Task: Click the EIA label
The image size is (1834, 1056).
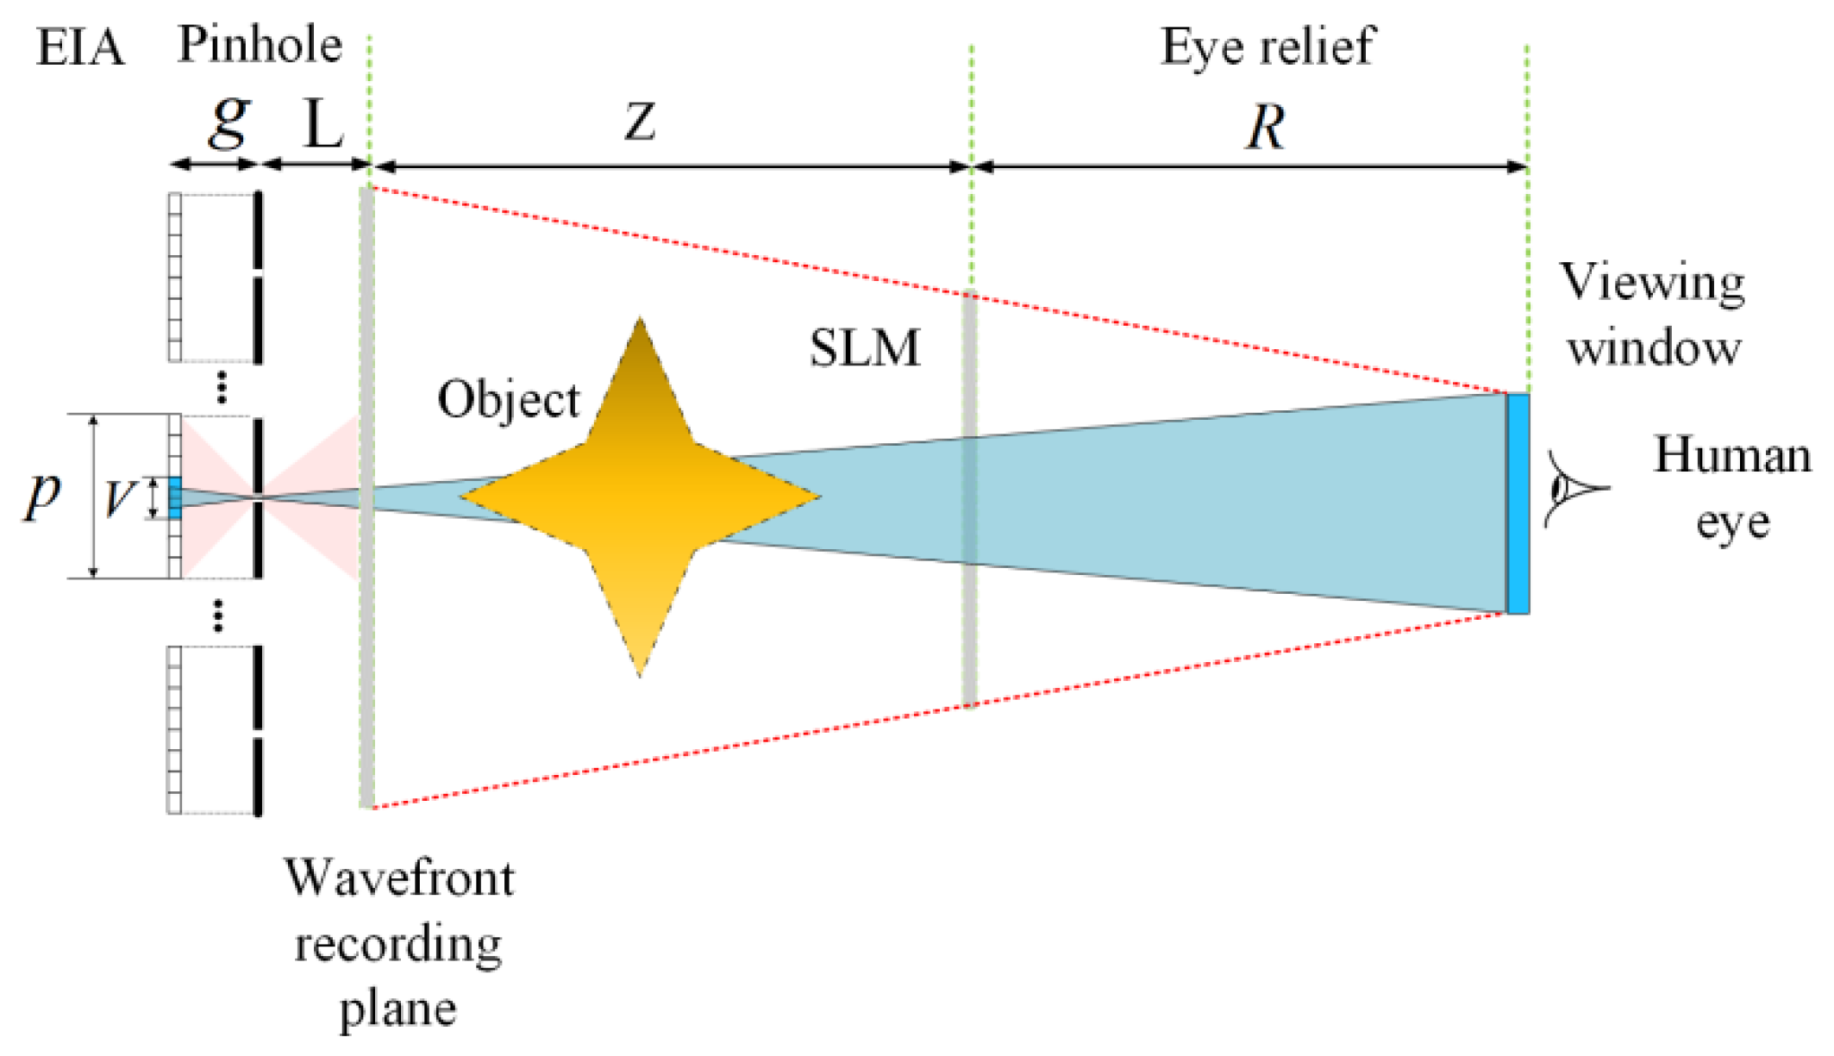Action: coord(79,48)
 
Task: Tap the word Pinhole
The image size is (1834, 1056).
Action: coord(260,45)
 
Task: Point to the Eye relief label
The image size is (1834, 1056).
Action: coord(1267,47)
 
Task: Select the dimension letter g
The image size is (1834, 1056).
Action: coord(229,121)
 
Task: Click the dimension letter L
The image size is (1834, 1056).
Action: coord(324,126)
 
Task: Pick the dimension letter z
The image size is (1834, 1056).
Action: coord(640,122)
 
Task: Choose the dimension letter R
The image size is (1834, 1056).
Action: coord(1265,128)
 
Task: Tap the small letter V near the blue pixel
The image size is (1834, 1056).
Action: coord(119,498)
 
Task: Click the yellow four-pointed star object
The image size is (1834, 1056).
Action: coord(639,497)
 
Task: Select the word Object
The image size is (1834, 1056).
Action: coord(509,400)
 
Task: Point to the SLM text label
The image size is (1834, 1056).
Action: coord(864,348)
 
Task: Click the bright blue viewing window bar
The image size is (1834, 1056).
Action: coord(1518,503)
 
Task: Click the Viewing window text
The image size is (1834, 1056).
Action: coord(1653,316)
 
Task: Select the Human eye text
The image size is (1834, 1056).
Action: coord(1731,488)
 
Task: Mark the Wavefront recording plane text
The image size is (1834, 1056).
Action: coord(399,943)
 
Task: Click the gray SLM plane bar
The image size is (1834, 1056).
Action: coord(969,500)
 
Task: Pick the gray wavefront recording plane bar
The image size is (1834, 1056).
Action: coord(366,655)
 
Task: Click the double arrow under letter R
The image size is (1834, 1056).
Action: coord(1250,166)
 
